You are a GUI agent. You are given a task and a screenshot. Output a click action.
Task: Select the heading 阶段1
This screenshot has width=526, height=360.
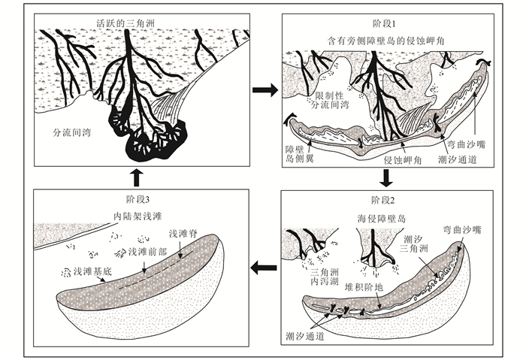tap(386, 23)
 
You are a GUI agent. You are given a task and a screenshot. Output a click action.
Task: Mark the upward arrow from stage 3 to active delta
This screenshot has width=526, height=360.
tap(137, 179)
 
